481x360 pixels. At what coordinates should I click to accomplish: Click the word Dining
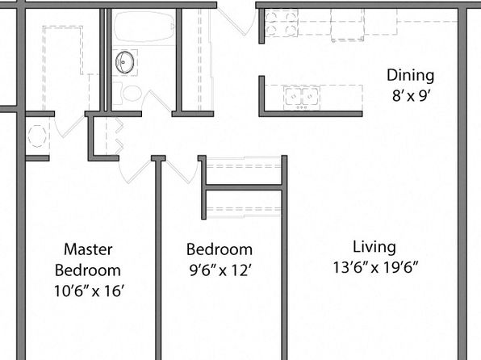tap(410, 76)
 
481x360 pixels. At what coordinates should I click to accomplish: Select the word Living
tap(374, 247)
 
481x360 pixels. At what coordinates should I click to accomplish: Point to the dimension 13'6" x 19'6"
tap(376, 267)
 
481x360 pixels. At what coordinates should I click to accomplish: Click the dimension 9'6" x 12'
tap(220, 270)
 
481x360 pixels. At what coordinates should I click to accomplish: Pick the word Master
tap(88, 249)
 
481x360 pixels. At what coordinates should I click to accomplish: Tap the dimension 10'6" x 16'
tap(90, 291)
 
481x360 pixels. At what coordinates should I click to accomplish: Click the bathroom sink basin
tap(125, 62)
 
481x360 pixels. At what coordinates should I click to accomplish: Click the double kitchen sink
tap(302, 98)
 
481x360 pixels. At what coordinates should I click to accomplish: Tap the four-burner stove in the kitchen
tap(282, 23)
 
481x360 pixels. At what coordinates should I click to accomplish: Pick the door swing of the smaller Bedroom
tap(182, 170)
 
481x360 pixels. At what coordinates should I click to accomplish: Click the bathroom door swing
tap(157, 100)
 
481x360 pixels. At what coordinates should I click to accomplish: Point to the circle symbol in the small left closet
tap(37, 136)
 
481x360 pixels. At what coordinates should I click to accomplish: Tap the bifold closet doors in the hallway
tap(118, 136)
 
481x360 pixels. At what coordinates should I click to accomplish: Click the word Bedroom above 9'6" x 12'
tap(220, 249)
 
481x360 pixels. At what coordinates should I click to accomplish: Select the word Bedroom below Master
tap(88, 270)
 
